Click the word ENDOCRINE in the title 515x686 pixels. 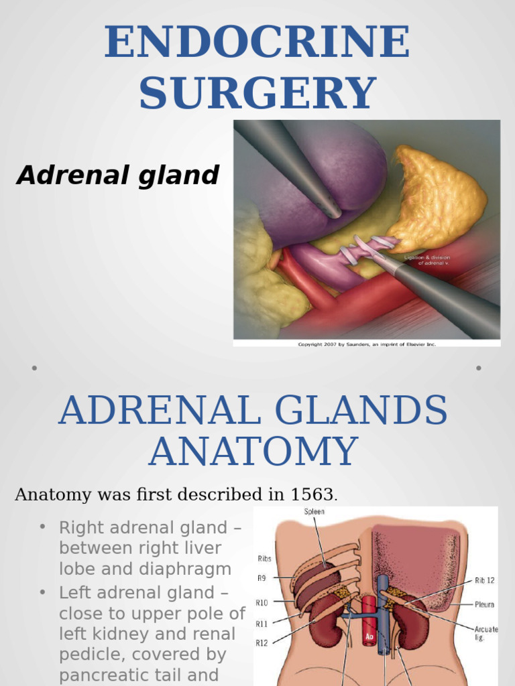click(x=257, y=43)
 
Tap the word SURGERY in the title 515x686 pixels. click(x=257, y=92)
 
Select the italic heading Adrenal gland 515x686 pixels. click(x=118, y=176)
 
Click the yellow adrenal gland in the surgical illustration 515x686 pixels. click(x=440, y=198)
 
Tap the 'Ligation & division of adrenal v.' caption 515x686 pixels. click(x=427, y=260)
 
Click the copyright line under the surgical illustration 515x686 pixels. click(x=367, y=344)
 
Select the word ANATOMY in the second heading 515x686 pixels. click(x=253, y=452)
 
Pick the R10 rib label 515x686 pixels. click(x=262, y=602)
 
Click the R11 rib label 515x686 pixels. click(x=262, y=624)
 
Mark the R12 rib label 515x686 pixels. click(x=262, y=644)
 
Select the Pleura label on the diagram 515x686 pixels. click(x=483, y=604)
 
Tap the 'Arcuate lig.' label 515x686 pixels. click(x=484, y=632)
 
